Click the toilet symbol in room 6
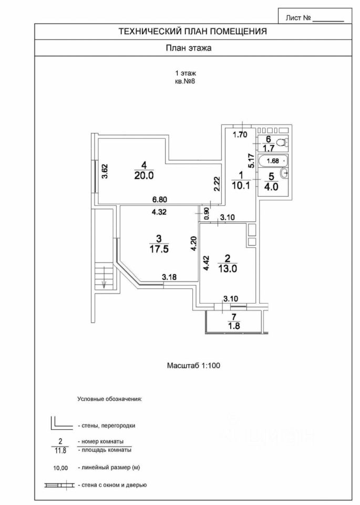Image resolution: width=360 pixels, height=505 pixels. [x=281, y=142]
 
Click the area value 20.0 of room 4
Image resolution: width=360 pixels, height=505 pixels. [x=143, y=177]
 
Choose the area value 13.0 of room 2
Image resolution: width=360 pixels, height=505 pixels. [x=228, y=268]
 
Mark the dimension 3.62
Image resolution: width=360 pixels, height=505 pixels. [x=104, y=171]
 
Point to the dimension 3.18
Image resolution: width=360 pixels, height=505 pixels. [x=169, y=277]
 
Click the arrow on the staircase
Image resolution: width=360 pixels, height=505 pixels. [x=104, y=278]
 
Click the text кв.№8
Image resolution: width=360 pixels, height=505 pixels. [x=185, y=82]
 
